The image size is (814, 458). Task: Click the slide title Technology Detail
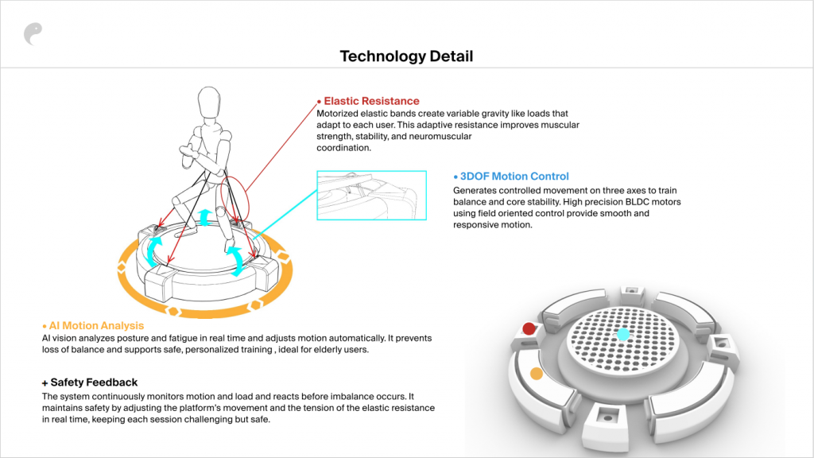click(x=406, y=56)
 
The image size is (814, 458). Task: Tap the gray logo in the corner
click(x=33, y=33)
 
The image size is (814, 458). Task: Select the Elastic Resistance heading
click(x=372, y=101)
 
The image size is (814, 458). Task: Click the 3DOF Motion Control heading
click(x=514, y=177)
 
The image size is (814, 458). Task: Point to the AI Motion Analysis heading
click(x=96, y=325)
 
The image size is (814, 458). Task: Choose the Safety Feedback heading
click(x=94, y=382)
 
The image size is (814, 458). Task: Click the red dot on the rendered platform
click(x=529, y=328)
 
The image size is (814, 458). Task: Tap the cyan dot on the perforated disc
click(x=623, y=334)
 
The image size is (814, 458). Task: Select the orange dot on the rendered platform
click(x=537, y=374)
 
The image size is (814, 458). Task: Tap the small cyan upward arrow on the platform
click(x=205, y=217)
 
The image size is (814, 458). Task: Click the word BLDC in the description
click(x=638, y=202)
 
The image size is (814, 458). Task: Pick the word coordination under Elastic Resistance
click(x=343, y=148)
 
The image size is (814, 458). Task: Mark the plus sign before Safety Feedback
click(x=45, y=383)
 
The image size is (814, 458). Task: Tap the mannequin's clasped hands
click(x=188, y=152)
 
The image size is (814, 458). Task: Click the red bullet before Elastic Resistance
click(x=320, y=102)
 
